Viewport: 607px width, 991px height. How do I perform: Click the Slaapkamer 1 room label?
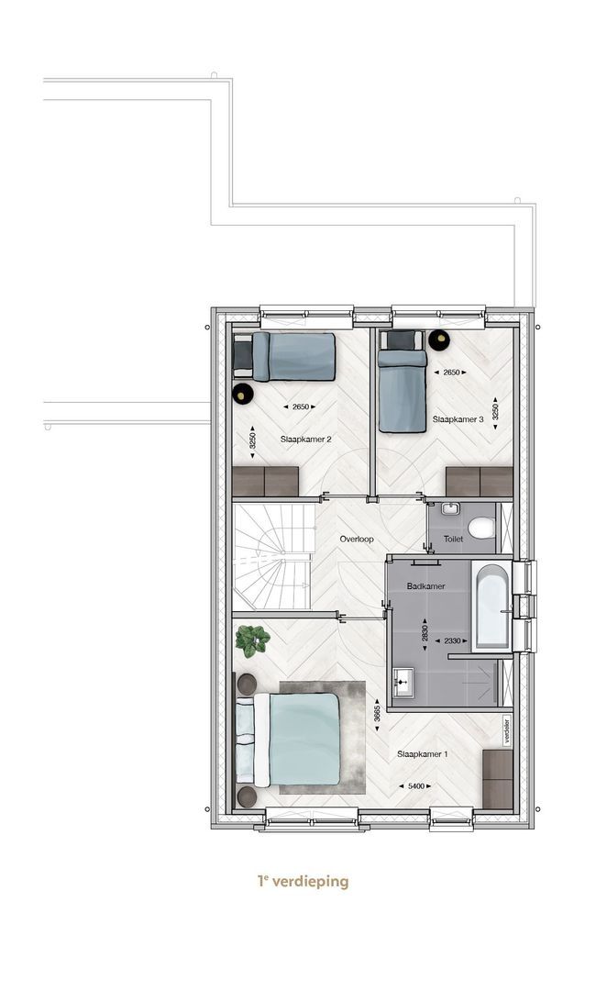tap(423, 754)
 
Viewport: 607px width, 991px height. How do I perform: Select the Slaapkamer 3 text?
tap(458, 419)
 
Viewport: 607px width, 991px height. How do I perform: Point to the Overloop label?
tap(357, 540)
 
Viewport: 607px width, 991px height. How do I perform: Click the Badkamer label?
tap(425, 585)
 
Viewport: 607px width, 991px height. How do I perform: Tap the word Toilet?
tap(454, 540)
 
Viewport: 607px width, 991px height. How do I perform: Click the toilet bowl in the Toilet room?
tap(483, 528)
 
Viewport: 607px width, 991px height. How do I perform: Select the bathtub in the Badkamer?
tap(491, 607)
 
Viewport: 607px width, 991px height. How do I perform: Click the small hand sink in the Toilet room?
tap(450, 508)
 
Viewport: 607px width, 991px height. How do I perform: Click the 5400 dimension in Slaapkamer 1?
tap(415, 786)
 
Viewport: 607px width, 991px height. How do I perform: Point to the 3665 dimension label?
tap(377, 714)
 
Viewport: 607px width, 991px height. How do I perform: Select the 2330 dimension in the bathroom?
tap(452, 640)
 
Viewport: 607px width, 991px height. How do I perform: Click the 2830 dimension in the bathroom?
tap(425, 633)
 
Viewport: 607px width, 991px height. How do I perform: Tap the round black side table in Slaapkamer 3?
tap(438, 340)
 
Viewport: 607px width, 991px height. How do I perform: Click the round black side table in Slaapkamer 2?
tap(242, 393)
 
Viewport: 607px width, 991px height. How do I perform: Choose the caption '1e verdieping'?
tap(303, 880)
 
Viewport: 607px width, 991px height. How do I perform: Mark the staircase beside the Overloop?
tap(273, 555)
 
